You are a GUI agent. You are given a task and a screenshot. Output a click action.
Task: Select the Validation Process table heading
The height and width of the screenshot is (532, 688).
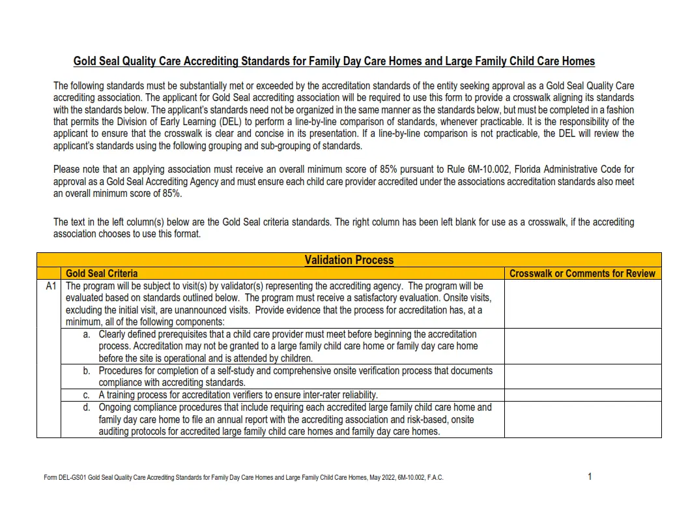(349, 260)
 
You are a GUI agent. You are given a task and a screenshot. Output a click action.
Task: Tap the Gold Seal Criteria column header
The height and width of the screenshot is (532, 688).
(102, 274)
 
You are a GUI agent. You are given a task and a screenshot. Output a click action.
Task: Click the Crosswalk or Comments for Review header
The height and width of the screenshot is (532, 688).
(582, 274)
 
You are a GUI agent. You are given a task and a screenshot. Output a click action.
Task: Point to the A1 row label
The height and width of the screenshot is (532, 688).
(51, 286)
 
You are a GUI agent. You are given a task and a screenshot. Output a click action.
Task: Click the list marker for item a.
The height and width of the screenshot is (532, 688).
(87, 334)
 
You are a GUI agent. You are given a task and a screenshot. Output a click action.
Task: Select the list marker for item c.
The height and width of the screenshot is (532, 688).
(87, 395)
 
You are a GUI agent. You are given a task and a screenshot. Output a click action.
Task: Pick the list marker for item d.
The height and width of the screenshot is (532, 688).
(87, 407)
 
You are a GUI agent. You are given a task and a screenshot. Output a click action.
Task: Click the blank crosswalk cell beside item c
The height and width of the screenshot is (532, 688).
(582, 395)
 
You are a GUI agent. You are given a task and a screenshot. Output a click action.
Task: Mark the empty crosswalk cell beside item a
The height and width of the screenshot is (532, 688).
(582, 346)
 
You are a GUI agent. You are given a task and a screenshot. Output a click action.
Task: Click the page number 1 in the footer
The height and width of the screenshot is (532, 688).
(590, 477)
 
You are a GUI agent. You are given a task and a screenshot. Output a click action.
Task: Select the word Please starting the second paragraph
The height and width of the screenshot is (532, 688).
(66, 170)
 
